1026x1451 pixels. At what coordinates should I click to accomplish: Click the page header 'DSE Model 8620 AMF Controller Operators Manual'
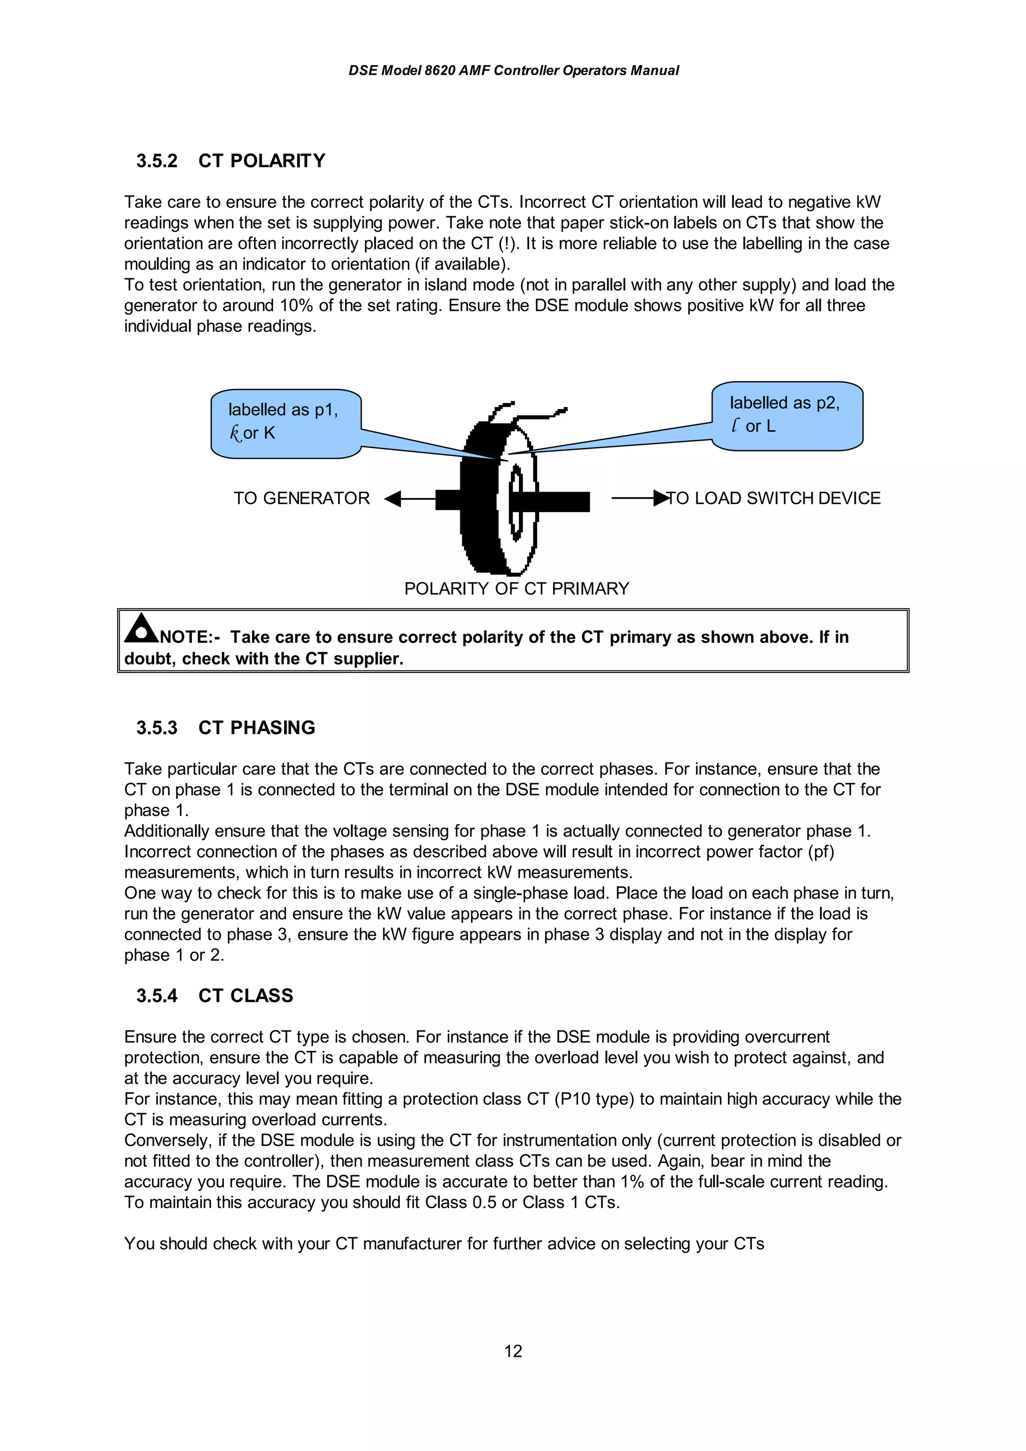pyautogui.click(x=514, y=71)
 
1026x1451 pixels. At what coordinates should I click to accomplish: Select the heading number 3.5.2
pyautogui.click(x=157, y=161)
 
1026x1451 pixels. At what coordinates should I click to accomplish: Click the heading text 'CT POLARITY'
pyautogui.click(x=262, y=161)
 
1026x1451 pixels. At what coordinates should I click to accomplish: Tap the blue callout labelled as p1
pyautogui.click(x=286, y=423)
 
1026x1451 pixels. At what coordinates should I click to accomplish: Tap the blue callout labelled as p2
pyautogui.click(x=787, y=415)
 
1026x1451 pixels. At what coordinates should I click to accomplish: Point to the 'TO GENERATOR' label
pyautogui.click(x=302, y=499)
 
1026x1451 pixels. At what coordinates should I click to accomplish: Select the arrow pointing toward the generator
pyautogui.click(x=405, y=499)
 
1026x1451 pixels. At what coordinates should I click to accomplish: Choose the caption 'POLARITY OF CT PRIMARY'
pyautogui.click(x=517, y=589)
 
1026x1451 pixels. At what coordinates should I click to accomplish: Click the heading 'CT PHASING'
pyautogui.click(x=256, y=728)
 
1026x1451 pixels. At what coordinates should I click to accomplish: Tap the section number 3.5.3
pyautogui.click(x=157, y=728)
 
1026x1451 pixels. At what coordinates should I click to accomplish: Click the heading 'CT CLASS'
pyautogui.click(x=246, y=996)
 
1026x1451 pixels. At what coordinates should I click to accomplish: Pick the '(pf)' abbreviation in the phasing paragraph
pyautogui.click(x=821, y=852)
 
